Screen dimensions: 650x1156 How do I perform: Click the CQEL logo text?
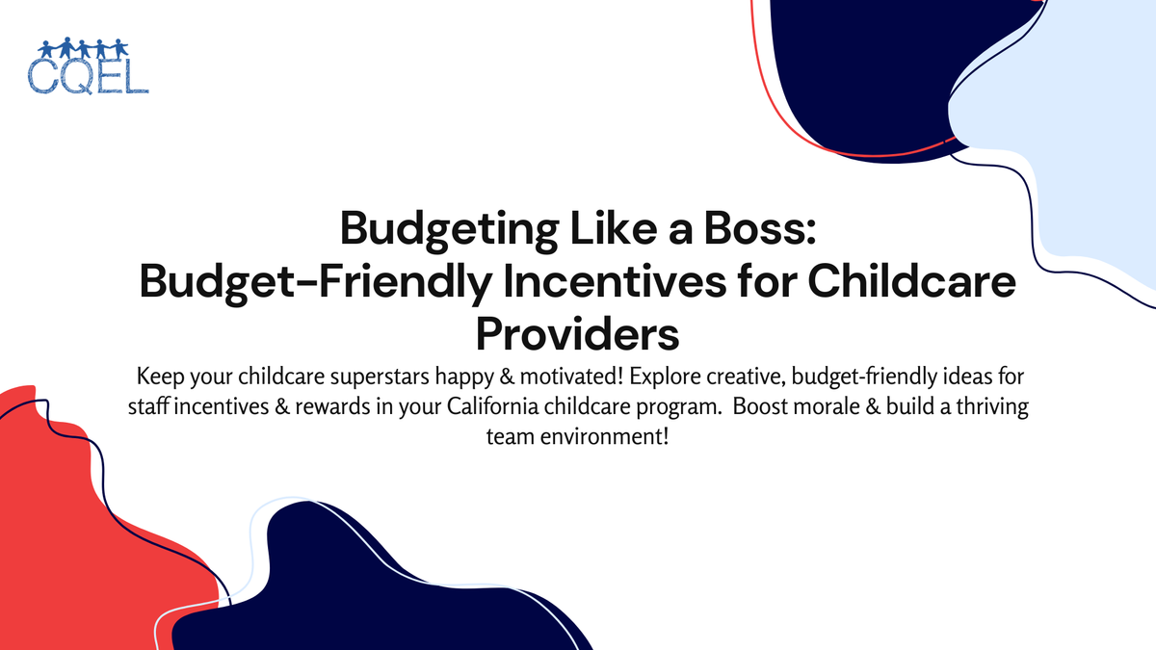[90, 76]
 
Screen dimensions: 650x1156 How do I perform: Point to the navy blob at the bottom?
[385, 587]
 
